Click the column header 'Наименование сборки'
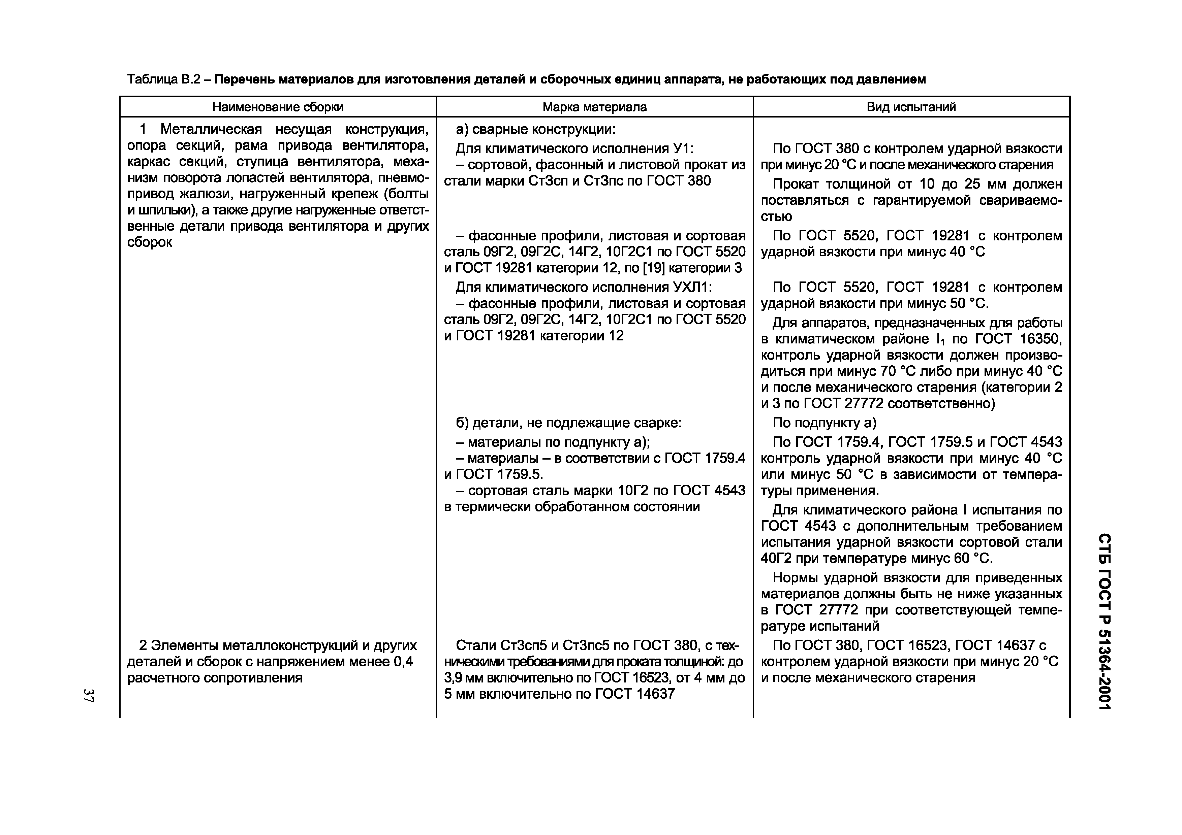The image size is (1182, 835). tap(278, 107)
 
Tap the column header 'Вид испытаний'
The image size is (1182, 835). tap(911, 107)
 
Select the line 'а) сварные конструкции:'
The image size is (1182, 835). tap(535, 129)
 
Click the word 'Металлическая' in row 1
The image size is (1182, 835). tap(211, 129)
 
